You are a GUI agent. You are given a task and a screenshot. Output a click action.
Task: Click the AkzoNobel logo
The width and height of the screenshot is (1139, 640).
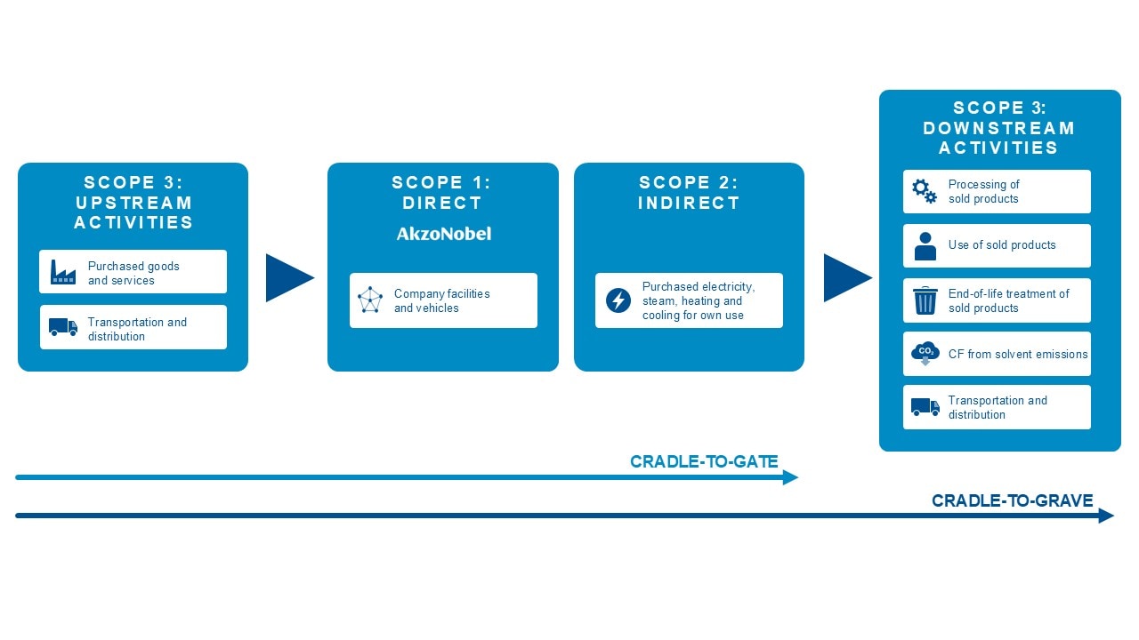pyautogui.click(x=443, y=234)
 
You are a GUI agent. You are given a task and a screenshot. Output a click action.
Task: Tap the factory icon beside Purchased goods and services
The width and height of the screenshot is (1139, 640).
pyautogui.click(x=63, y=272)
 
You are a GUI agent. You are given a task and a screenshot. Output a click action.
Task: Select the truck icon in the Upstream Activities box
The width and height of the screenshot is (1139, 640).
pyautogui.click(x=63, y=327)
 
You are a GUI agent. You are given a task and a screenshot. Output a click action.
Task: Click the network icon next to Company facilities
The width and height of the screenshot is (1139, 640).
pyautogui.click(x=369, y=300)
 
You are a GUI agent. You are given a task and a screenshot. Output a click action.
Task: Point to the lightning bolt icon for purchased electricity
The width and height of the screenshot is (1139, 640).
pyautogui.click(x=618, y=300)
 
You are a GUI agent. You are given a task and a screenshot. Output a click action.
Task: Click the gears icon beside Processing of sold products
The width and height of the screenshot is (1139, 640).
pyautogui.click(x=925, y=191)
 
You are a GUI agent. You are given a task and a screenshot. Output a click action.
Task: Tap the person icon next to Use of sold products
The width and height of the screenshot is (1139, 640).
pyautogui.click(x=925, y=246)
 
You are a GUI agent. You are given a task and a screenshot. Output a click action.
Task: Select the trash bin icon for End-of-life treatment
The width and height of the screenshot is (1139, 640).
pyautogui.click(x=925, y=300)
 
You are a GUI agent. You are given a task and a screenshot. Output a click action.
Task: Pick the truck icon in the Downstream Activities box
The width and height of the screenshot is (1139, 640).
pyautogui.click(x=925, y=407)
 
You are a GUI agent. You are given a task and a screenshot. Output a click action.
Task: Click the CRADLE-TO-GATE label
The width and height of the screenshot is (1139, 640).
pyautogui.click(x=704, y=461)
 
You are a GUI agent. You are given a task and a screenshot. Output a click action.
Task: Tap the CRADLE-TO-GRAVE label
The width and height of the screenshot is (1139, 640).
pyautogui.click(x=1012, y=500)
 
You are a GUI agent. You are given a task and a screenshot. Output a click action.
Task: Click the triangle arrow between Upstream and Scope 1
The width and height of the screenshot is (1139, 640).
pyautogui.click(x=289, y=278)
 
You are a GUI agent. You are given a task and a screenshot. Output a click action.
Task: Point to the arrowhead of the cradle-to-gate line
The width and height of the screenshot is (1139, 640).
pyautogui.click(x=791, y=477)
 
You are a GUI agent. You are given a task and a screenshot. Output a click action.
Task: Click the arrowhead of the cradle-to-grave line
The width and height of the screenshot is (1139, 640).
pyautogui.click(x=1106, y=516)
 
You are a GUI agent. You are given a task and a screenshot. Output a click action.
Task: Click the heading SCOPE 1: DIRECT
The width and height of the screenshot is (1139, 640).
pyautogui.click(x=441, y=193)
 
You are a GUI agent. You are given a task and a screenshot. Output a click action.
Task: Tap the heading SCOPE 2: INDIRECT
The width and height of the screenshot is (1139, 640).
pyautogui.click(x=689, y=193)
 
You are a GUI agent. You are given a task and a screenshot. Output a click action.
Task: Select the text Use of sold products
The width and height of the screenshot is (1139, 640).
pyautogui.click(x=1002, y=244)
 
